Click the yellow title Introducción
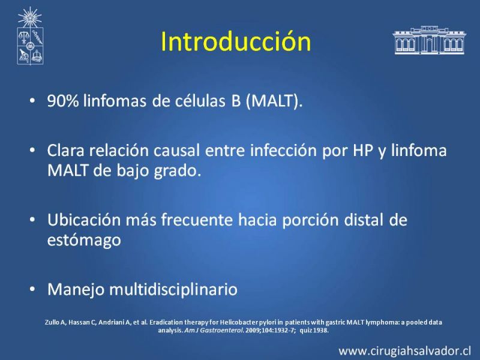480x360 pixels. pos(236,41)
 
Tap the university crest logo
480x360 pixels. pos(30,36)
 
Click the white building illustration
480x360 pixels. pos(430,40)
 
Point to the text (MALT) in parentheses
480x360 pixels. pos(274,101)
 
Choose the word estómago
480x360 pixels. pos(84,240)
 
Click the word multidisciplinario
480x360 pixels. pos(173,289)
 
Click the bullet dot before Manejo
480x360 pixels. pos(32,289)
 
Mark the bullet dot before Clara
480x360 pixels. pos(32,151)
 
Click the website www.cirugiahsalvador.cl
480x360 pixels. pos(404,351)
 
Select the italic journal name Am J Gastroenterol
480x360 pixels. pos(214,331)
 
